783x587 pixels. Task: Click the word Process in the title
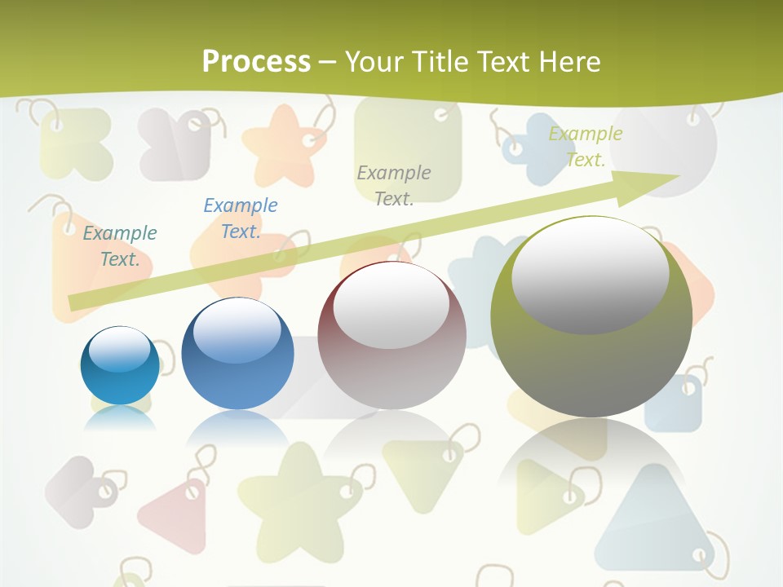tap(256, 62)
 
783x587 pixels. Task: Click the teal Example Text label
tap(120, 246)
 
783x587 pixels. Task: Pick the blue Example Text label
tap(240, 218)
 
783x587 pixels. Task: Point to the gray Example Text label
tap(394, 185)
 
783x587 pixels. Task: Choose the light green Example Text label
tap(585, 147)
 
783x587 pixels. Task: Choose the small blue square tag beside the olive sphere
tap(673, 404)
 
